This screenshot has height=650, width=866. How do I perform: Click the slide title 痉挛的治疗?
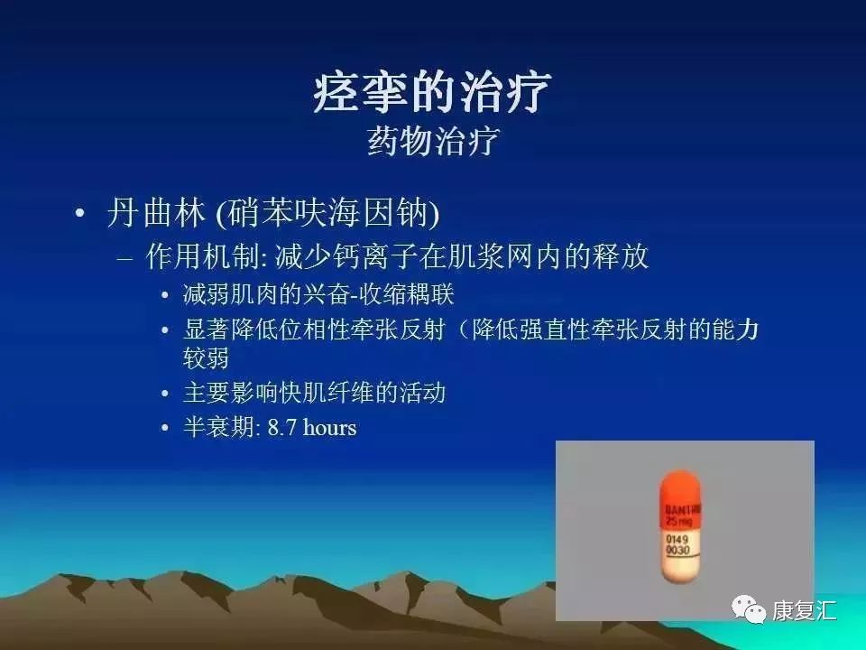coord(432,93)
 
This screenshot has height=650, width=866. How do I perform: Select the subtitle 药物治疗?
coord(432,142)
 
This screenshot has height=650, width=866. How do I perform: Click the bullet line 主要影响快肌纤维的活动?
coord(314,393)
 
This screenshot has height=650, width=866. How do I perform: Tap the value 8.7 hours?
coord(312,427)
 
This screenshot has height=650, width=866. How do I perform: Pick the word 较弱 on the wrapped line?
coord(206,357)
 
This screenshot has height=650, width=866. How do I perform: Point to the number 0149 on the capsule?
coord(676,540)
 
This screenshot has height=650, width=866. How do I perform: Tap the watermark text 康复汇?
coord(803,611)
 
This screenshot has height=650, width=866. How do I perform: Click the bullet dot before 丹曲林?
coord(81,215)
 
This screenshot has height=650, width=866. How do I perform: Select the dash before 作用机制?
coord(126,258)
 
